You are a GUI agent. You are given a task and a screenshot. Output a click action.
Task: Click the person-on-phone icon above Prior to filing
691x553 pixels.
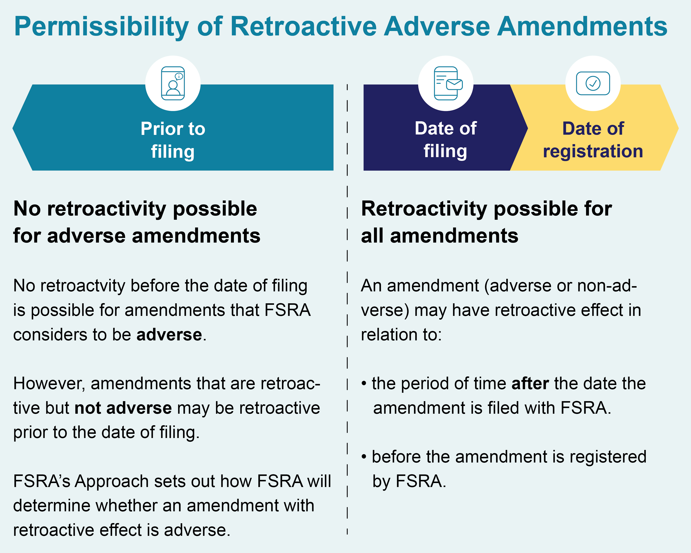(173, 83)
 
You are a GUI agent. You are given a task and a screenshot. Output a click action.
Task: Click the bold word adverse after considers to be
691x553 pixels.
(169, 335)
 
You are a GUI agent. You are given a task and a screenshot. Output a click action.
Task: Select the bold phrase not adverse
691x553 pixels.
(123, 408)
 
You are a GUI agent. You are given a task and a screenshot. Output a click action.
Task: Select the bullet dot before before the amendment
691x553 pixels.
(364, 457)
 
